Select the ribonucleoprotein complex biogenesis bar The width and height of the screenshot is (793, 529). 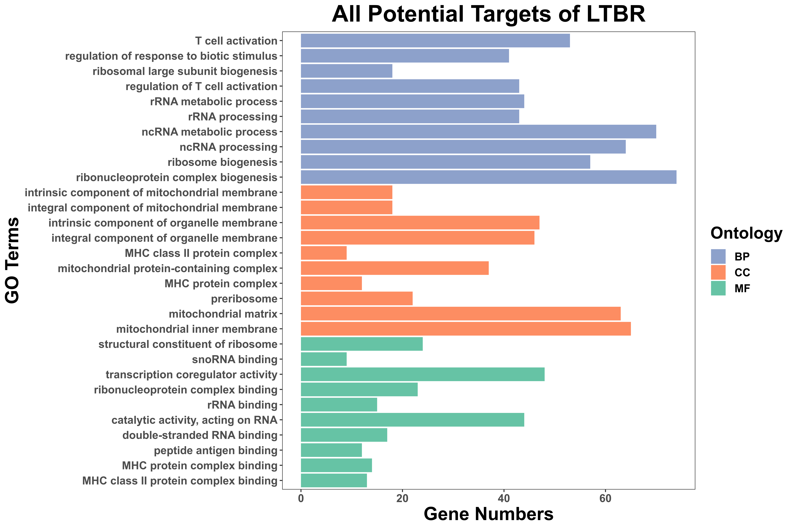coord(489,177)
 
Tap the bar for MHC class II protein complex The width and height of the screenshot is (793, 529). coord(324,253)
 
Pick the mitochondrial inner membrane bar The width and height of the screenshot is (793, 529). coord(466,329)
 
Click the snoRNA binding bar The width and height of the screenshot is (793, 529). coord(324,359)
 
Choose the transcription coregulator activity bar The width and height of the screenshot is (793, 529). coord(422,375)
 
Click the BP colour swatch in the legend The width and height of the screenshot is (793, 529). coord(718,256)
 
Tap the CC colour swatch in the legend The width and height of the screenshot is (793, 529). coord(718,272)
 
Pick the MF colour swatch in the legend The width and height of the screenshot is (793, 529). coord(718,288)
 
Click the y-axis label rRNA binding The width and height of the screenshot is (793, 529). coord(242,405)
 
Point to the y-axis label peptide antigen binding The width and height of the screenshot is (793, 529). coord(216,450)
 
